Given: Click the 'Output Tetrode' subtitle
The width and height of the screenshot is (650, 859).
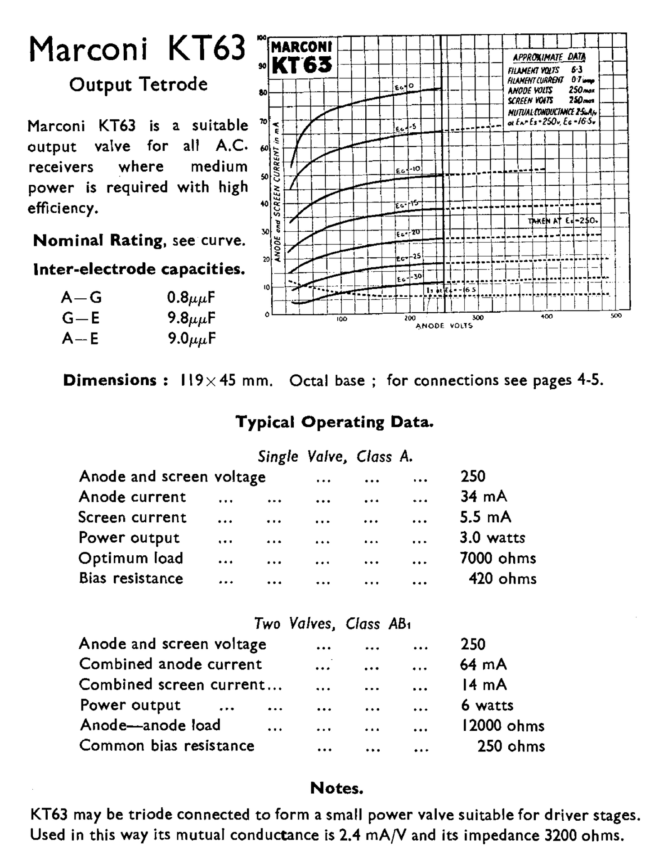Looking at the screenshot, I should tap(138, 84).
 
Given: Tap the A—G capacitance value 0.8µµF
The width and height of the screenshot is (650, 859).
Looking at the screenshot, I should tap(191, 298).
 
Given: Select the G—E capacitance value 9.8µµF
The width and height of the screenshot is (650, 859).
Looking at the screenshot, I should tap(191, 318).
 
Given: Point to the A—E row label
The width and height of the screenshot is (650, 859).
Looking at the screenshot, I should tap(80, 338).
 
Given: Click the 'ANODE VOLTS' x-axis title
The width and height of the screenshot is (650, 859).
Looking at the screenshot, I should tap(444, 326).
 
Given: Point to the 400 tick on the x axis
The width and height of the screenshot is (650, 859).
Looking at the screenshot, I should tap(547, 317).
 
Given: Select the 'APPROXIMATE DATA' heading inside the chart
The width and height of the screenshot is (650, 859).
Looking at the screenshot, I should tap(549, 57).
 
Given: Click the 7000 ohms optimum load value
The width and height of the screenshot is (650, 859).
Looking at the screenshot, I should tap(498, 558).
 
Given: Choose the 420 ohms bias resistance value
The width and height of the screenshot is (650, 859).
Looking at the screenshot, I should tap(502, 578).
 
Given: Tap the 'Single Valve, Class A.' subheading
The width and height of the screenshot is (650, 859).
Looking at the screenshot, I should tap(335, 457).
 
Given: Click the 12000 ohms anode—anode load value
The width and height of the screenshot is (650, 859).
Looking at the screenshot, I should tap(502, 725).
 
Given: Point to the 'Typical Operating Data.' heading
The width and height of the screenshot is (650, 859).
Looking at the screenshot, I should tap(335, 422).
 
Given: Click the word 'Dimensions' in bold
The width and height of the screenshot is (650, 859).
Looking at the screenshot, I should tap(110, 380).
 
